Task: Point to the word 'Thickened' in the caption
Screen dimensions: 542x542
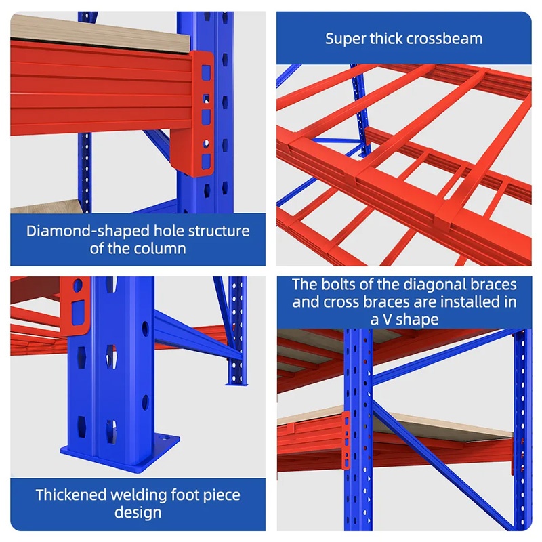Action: click(72, 495)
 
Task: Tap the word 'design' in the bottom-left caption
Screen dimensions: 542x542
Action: click(138, 513)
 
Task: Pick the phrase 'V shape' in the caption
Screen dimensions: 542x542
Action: click(412, 319)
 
